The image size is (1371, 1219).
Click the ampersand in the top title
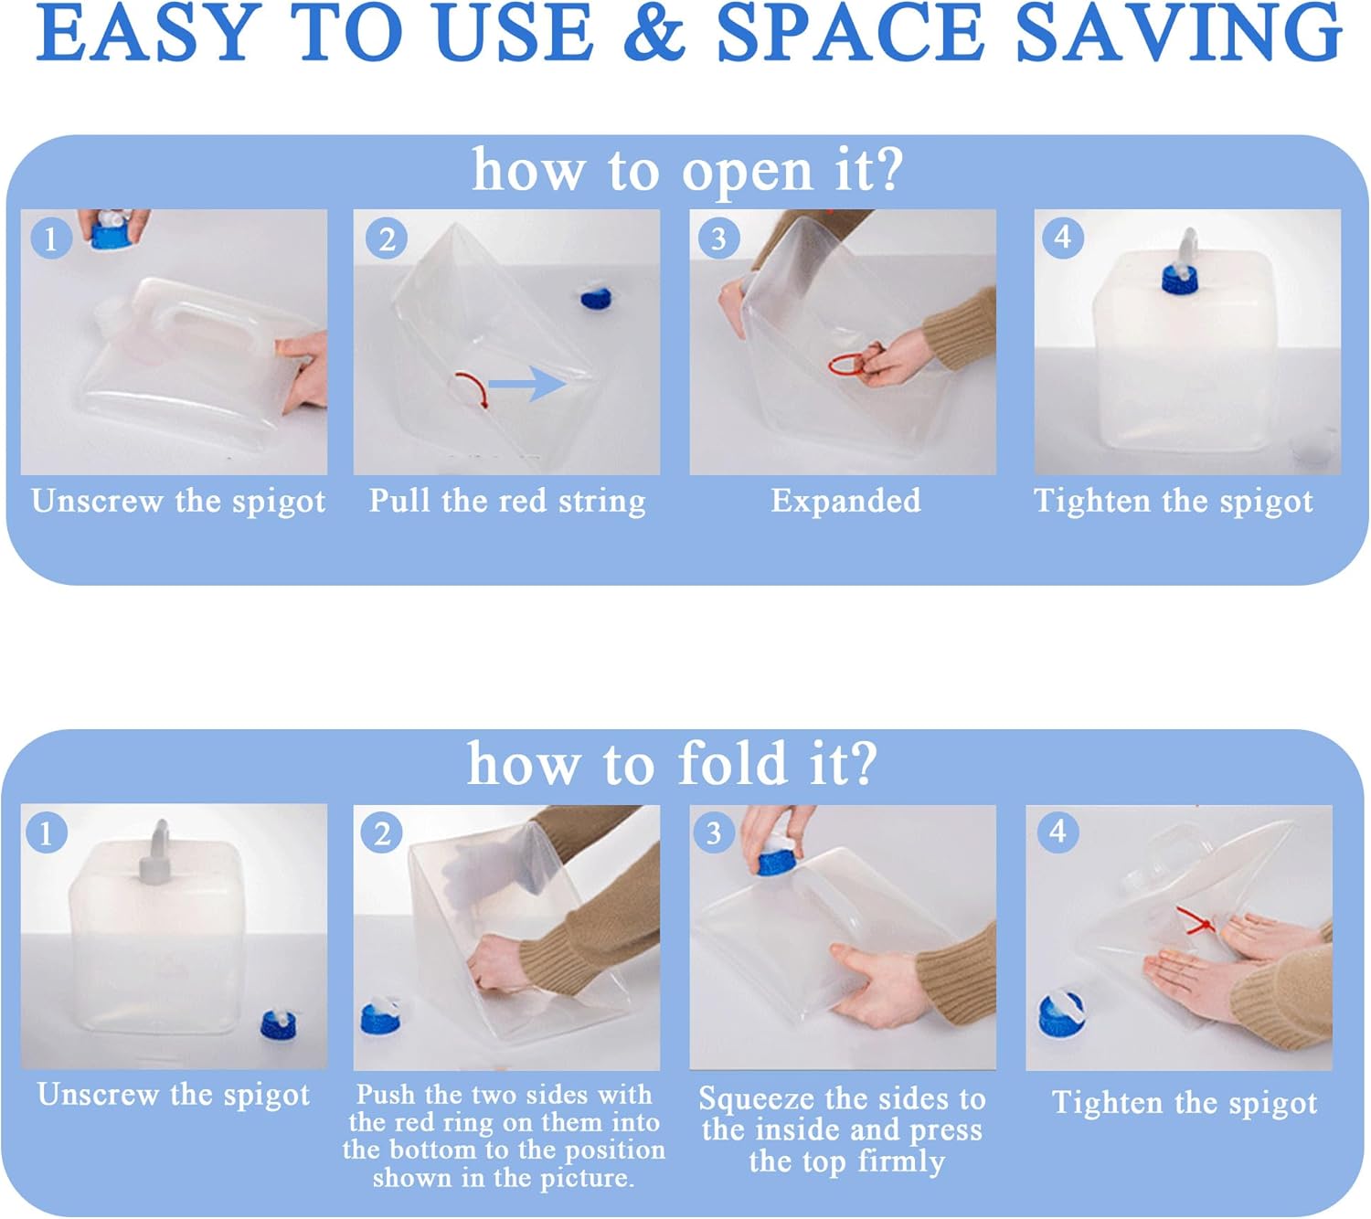point(654,34)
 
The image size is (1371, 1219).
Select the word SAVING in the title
point(1178,34)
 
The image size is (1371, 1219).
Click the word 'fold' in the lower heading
point(732,762)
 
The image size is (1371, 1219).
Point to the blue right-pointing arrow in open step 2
point(526,384)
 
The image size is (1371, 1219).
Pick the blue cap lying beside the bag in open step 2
point(598,296)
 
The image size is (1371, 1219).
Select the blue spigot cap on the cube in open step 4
point(1180,280)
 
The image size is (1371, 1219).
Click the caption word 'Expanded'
point(845,502)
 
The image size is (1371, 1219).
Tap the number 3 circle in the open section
point(718,238)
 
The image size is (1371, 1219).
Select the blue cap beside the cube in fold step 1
point(280,1025)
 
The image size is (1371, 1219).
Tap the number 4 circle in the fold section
point(1057,832)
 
